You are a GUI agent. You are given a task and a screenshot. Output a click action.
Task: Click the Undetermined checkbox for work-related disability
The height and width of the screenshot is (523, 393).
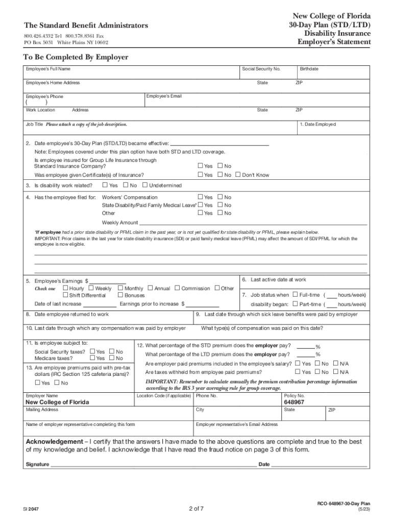145,185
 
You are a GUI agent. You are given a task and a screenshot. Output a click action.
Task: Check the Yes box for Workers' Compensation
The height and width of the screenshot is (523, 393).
200,197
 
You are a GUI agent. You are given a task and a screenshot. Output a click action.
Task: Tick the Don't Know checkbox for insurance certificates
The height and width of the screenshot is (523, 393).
238,175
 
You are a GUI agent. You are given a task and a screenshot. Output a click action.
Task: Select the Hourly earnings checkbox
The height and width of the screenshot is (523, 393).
65,288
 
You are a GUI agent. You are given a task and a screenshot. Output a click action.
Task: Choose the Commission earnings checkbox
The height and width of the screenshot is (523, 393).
178,288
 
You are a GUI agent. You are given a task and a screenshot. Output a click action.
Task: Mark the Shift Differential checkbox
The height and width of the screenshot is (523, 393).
65,295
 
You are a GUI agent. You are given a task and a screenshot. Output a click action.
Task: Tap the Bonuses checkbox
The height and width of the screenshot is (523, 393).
120,295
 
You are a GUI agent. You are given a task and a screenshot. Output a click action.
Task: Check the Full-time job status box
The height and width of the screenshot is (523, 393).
296,295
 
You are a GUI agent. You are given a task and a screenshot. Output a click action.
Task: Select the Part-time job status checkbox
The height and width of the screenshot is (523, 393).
296,304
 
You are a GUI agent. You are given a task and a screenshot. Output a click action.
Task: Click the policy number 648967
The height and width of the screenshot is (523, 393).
294,402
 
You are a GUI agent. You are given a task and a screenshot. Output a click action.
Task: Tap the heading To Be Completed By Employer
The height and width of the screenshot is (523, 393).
76,57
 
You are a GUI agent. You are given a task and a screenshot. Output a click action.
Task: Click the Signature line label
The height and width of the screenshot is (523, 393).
37,464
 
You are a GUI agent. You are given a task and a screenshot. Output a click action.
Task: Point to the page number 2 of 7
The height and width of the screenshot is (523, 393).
196,508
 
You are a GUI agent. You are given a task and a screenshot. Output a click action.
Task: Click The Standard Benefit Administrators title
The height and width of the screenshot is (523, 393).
86,26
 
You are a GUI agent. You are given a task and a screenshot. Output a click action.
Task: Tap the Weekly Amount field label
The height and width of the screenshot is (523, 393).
120,223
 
